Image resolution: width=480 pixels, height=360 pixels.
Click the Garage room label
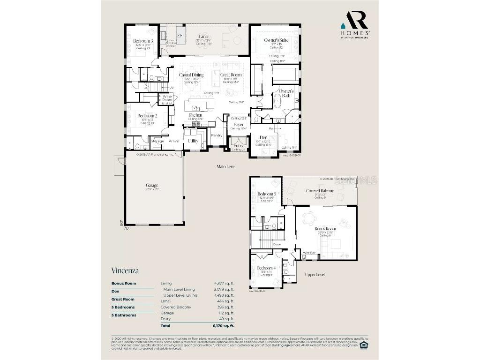(x=151, y=185)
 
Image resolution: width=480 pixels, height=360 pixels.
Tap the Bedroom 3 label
(x=143, y=41)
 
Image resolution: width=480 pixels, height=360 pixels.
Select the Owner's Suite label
(x=276, y=40)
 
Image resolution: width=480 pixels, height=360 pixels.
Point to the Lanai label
(x=203, y=36)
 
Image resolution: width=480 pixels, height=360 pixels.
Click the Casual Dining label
(x=191, y=75)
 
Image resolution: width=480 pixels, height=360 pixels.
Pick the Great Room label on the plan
(x=231, y=75)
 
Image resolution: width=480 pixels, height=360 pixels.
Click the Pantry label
(x=217, y=135)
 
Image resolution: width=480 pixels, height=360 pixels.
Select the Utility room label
(x=193, y=140)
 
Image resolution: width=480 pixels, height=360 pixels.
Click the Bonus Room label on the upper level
(x=325, y=229)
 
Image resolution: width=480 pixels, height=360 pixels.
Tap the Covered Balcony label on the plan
(x=320, y=191)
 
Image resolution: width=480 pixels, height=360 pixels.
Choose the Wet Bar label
(x=309, y=253)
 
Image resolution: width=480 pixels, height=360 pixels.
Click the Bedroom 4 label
(x=266, y=268)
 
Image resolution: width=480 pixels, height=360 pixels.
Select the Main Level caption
(x=226, y=166)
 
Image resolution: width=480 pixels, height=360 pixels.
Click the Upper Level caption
(x=315, y=274)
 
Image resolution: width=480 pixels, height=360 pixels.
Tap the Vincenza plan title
(x=125, y=270)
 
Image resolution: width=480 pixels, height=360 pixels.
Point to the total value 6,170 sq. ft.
(x=224, y=325)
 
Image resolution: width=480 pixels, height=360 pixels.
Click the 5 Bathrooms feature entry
(x=124, y=315)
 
